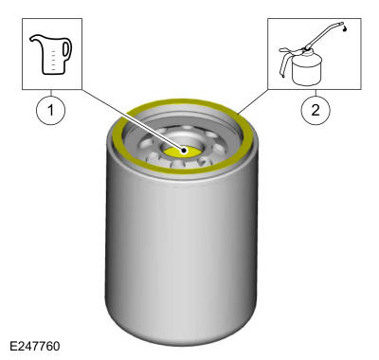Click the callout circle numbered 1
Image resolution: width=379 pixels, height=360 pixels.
(51, 110)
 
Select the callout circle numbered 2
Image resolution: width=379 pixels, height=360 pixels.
(316, 110)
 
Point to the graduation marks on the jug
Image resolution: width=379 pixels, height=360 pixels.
(53, 60)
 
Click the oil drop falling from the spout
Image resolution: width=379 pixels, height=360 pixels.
(346, 29)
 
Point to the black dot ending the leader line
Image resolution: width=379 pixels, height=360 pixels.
(184, 151)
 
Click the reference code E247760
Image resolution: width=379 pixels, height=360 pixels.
(35, 347)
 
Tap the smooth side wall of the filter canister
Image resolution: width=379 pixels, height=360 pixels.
(182, 246)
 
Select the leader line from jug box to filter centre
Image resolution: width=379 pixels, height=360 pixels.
(132, 120)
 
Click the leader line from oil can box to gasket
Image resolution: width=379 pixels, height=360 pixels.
(253, 101)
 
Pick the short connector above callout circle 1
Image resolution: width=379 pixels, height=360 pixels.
(51, 93)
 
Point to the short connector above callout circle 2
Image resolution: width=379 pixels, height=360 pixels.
(316, 93)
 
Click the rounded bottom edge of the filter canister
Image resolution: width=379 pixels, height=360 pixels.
(182, 332)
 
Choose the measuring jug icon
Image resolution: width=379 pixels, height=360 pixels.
(51, 55)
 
